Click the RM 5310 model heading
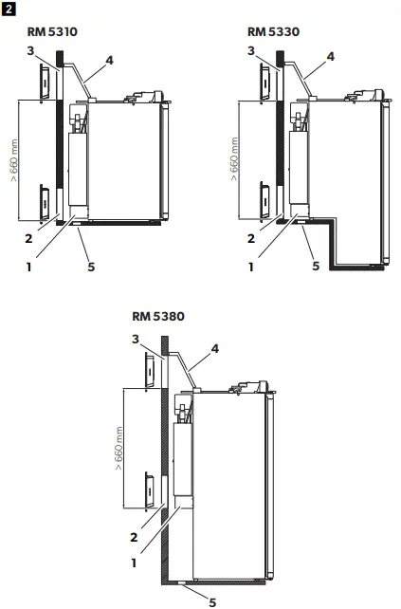pos(54,31)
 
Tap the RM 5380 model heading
pos(158,317)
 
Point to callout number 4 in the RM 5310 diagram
pos(109,60)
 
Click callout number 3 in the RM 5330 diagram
pos(250,49)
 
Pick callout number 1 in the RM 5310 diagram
pos(29,267)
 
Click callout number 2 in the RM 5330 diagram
pos(251,239)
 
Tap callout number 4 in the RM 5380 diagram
pos(215,348)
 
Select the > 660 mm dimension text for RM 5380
pos(120,465)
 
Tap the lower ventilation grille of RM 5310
pos(45,203)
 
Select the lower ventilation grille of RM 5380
pos(151,490)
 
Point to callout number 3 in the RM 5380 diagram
pos(137,339)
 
